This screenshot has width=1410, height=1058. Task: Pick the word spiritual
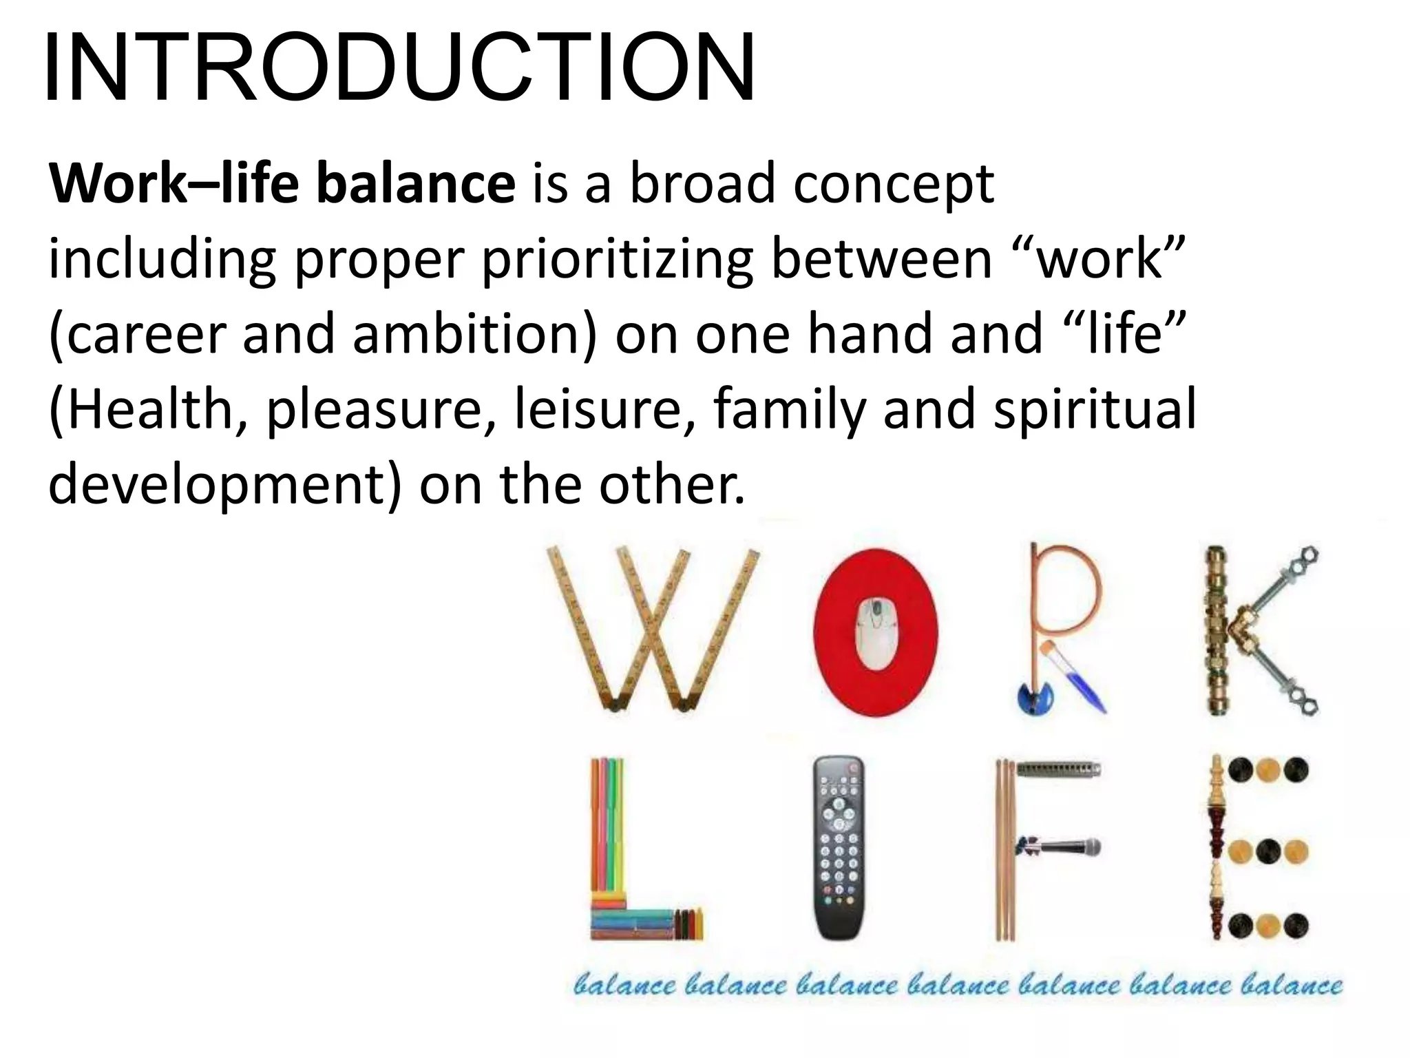pyautogui.click(x=1095, y=409)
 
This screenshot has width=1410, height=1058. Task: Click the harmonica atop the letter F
pyautogui.click(x=1057, y=767)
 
